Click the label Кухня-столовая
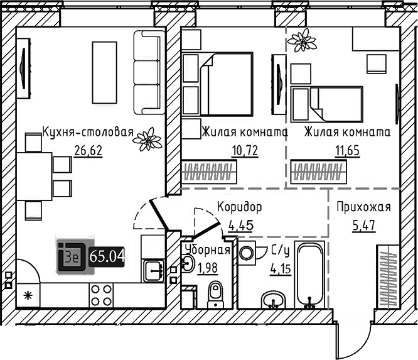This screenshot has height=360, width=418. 88,133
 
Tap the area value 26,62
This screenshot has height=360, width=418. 87,150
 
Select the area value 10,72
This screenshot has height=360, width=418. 245,150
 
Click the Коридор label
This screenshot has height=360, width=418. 239,206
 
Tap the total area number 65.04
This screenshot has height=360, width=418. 107,256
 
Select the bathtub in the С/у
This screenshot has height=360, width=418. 309,276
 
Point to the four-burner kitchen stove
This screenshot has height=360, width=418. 102,295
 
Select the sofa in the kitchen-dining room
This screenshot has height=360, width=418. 148,72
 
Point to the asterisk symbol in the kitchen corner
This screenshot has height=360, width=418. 27,295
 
